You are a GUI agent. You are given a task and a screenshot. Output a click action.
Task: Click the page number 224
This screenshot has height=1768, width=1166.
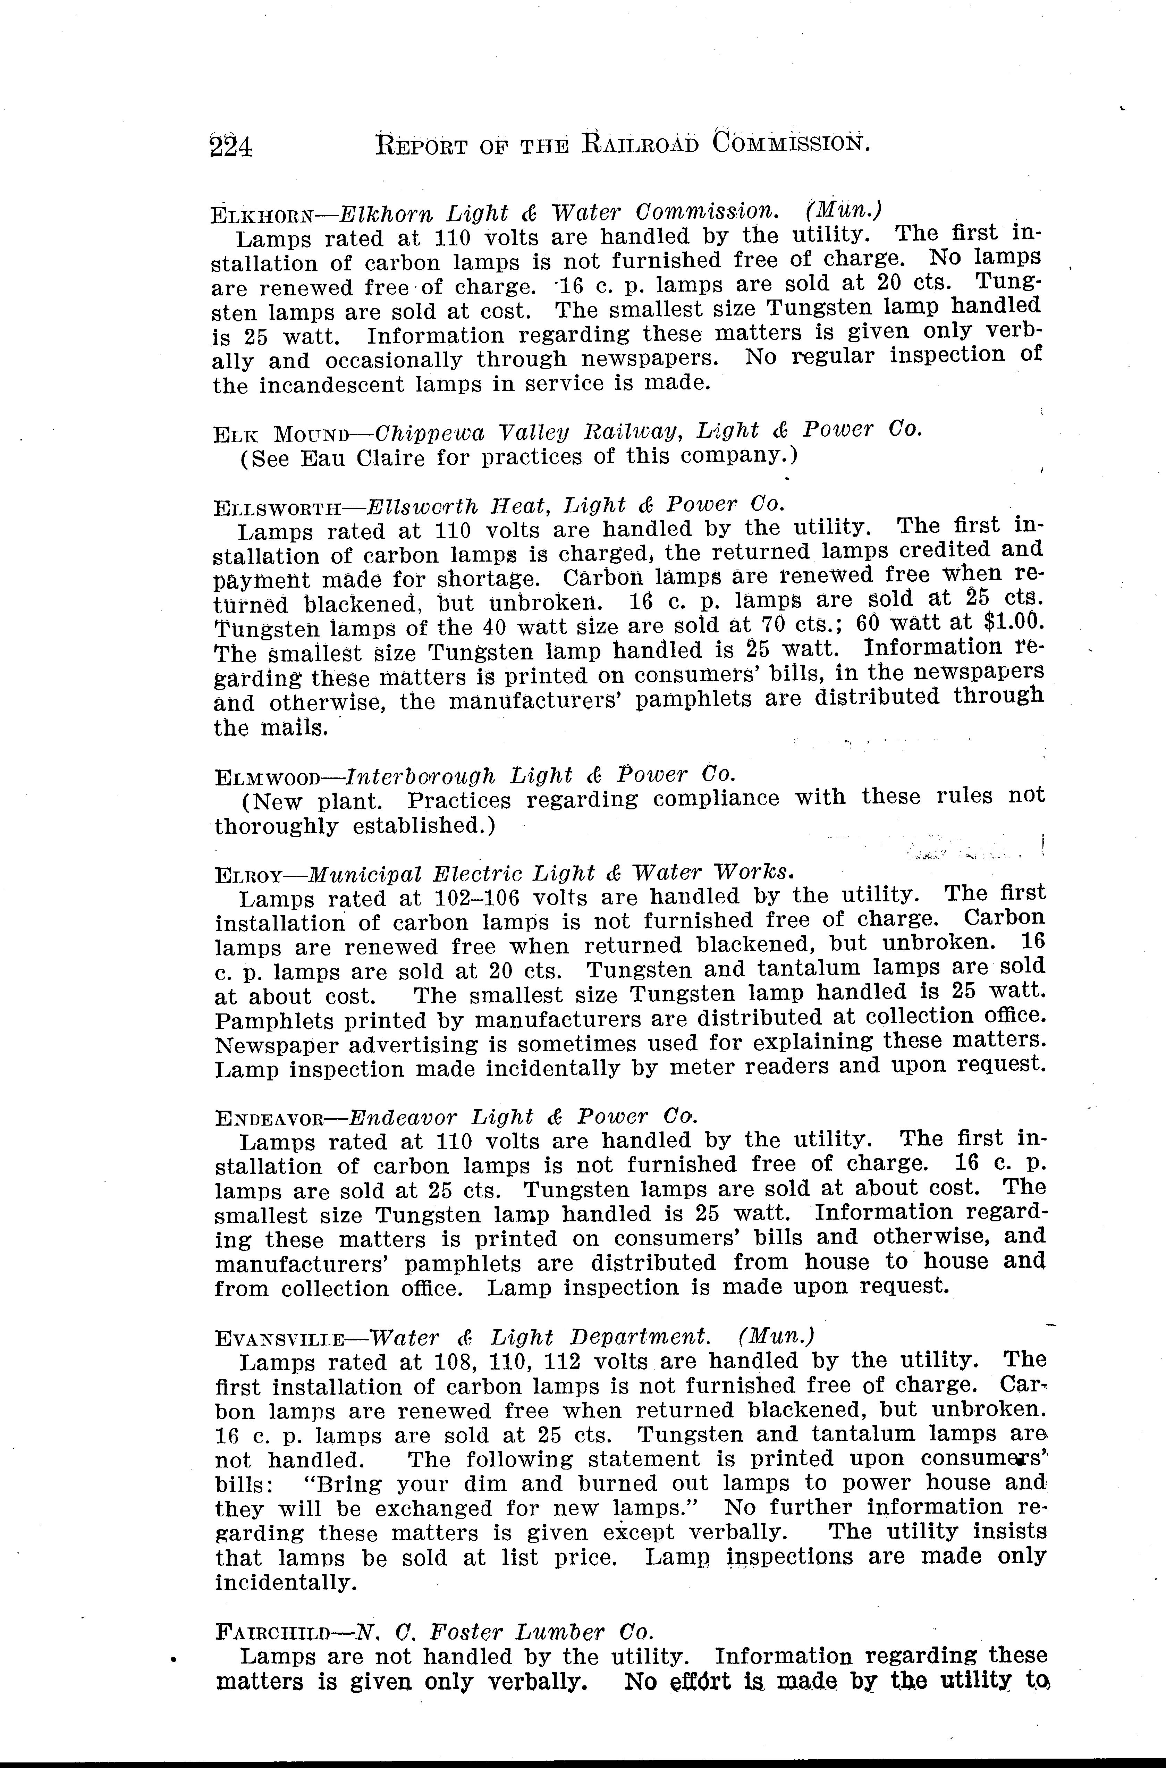tap(231, 146)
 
